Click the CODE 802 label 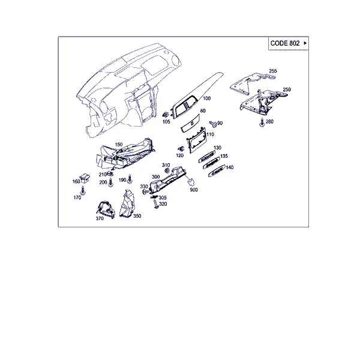(285, 43)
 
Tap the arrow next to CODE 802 (305, 43)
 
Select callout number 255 (273, 71)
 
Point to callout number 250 (287, 89)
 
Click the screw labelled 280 (262, 122)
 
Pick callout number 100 (206, 98)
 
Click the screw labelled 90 (213, 124)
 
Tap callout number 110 (210, 134)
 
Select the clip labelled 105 (166, 115)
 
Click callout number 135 (224, 156)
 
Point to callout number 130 (217, 148)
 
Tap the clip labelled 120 (181, 149)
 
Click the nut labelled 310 (167, 170)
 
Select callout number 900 (194, 190)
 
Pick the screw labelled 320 (156, 204)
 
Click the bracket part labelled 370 (106, 209)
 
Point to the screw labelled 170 (83, 191)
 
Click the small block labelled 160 (85, 178)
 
